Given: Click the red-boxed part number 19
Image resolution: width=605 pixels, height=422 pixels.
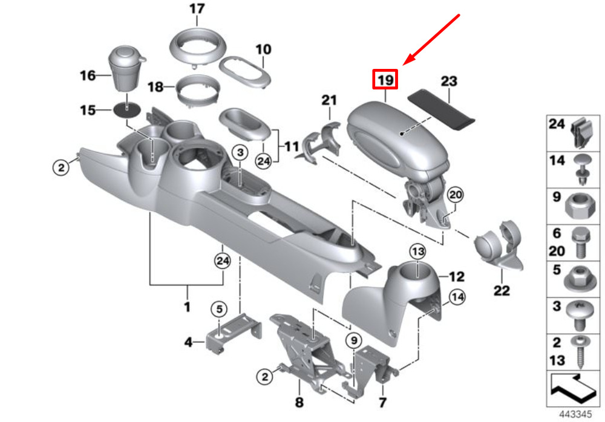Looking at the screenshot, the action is pyautogui.click(x=385, y=79).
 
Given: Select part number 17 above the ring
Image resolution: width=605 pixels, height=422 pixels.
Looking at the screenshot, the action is pyautogui.click(x=197, y=8).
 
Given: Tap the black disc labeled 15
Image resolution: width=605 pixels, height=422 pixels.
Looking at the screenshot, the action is pyautogui.click(x=127, y=111).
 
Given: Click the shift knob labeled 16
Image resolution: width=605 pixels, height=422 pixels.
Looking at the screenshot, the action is pyautogui.click(x=126, y=69).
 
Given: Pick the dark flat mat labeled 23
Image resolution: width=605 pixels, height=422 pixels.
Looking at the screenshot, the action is pyautogui.click(x=441, y=109).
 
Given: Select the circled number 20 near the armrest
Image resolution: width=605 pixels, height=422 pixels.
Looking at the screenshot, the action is pyautogui.click(x=456, y=195).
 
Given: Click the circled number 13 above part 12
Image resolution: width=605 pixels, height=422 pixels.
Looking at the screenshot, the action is pyautogui.click(x=418, y=252).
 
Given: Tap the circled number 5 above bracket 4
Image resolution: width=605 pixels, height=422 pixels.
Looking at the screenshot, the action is pyautogui.click(x=219, y=309).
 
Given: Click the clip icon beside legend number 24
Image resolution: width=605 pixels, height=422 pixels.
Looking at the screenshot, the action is pyautogui.click(x=583, y=132).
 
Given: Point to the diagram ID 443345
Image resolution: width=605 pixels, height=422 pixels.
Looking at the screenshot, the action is pyautogui.click(x=575, y=414).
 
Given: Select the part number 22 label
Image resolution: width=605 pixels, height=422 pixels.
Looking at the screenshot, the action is pyautogui.click(x=502, y=290).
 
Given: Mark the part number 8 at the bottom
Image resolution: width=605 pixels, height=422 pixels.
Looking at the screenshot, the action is pyautogui.click(x=299, y=402).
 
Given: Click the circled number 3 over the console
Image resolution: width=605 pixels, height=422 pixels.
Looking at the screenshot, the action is pyautogui.click(x=240, y=152).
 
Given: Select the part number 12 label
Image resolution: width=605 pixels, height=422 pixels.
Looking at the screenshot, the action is pyautogui.click(x=456, y=276).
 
